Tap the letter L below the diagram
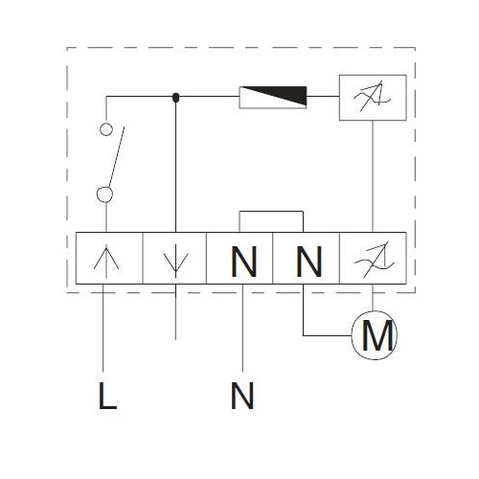(x=107, y=396)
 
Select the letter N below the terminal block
(x=242, y=396)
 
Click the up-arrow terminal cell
(x=109, y=258)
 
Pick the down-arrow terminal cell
(x=174, y=258)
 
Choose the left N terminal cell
(x=239, y=258)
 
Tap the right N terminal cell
(x=306, y=258)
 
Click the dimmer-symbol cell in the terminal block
(x=373, y=258)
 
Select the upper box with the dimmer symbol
(x=373, y=98)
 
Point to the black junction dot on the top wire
(x=175, y=98)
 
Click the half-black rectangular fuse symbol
(x=273, y=97)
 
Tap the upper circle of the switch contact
(x=106, y=129)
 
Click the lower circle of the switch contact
(x=104, y=194)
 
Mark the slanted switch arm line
(x=117, y=156)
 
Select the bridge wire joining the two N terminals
(x=271, y=212)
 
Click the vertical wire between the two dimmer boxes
(x=373, y=176)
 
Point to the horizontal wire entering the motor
(x=328, y=335)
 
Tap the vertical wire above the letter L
(x=103, y=328)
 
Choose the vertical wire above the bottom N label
(x=242, y=328)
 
